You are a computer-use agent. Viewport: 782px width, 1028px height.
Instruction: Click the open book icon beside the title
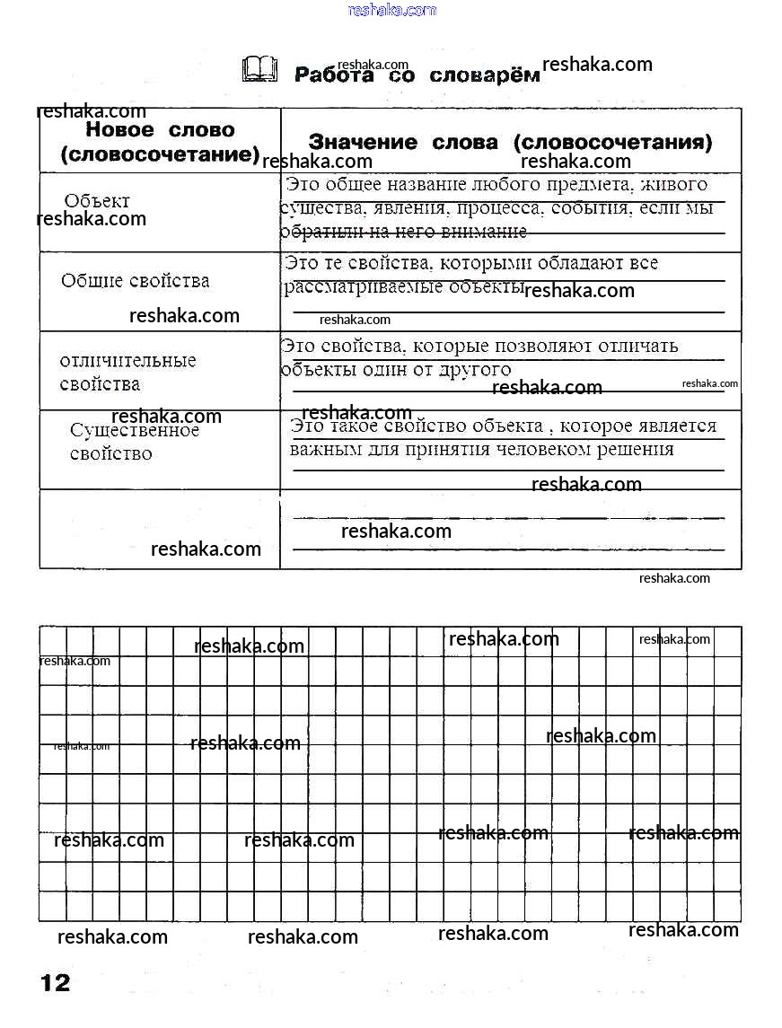pos(260,69)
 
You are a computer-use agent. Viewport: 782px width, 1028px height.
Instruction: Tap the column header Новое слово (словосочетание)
pos(160,142)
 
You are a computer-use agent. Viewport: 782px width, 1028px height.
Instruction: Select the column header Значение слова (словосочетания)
pos(510,142)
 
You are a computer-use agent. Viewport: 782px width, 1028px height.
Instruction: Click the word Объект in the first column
pos(97,201)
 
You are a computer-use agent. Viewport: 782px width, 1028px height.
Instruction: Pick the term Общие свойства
pos(135,281)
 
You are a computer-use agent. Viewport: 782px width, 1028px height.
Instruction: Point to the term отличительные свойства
pos(127,373)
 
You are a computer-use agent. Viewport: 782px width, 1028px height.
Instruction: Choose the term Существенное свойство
pos(134,442)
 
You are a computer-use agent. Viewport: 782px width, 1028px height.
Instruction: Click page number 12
pos(55,982)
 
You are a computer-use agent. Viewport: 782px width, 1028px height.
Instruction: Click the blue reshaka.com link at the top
pos(391,10)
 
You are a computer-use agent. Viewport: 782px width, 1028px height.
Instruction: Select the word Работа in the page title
pos(334,75)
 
